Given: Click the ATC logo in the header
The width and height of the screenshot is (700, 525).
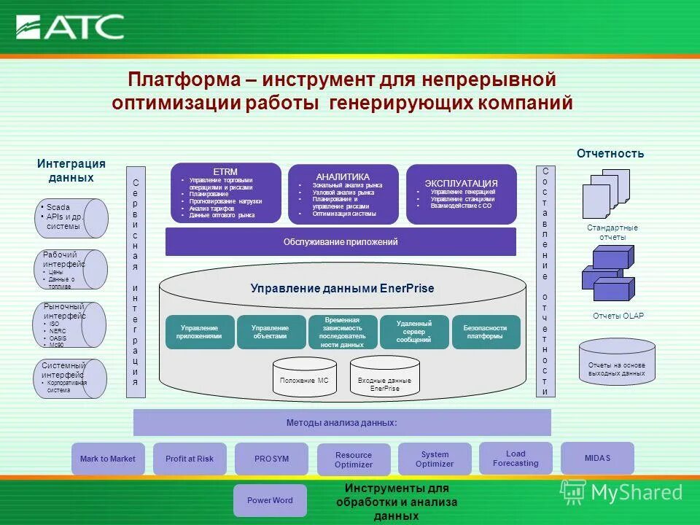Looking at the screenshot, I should (71, 27).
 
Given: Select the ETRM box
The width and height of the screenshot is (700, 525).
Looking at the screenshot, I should (225, 193).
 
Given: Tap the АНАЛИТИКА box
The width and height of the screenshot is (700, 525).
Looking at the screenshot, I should (343, 194).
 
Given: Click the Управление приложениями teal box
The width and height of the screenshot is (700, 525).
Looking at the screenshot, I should (200, 332).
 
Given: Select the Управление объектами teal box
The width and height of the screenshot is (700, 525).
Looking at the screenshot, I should (270, 332).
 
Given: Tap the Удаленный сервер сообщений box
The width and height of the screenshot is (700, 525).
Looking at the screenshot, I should (414, 332).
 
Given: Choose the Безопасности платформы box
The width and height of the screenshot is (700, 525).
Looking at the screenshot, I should (486, 332).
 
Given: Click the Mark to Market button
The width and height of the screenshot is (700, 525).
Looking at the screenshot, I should (108, 459).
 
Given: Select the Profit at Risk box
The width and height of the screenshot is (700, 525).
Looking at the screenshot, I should (190, 459).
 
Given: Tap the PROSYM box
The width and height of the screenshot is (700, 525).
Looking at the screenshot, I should (271, 459).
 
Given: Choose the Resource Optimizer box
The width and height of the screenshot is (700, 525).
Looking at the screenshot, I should (354, 459).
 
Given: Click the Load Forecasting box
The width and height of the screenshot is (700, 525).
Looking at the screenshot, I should (516, 459).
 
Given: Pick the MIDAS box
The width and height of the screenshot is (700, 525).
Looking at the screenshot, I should (597, 459).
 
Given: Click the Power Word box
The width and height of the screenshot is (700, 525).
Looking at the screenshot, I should (270, 500).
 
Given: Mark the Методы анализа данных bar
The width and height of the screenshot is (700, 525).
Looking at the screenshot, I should (342, 423).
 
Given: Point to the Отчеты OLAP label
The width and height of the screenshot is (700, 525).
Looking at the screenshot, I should (618, 316).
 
